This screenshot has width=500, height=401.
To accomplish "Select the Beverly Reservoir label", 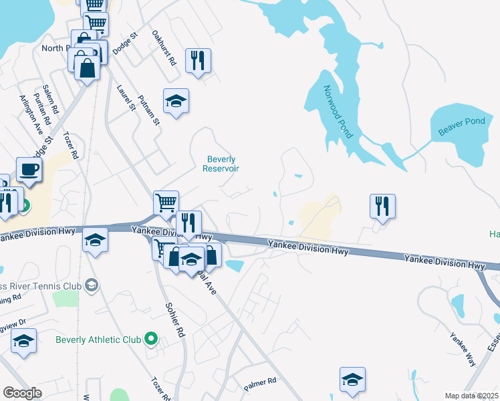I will (x=221, y=164).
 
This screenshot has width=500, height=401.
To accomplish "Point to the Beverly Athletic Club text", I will (x=98, y=340).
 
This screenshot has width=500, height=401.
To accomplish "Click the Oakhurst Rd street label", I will (x=163, y=47).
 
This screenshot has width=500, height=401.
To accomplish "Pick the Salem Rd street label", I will (x=50, y=99).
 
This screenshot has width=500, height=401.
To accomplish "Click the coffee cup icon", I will (x=29, y=169).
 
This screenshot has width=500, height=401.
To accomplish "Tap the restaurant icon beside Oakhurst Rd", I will (x=198, y=60).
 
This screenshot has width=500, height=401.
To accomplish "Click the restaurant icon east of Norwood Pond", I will (x=383, y=206).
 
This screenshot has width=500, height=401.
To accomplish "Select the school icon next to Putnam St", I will (x=176, y=101).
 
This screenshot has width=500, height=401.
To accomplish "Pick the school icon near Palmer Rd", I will (x=352, y=379).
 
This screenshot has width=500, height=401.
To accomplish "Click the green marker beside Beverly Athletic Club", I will (x=150, y=340).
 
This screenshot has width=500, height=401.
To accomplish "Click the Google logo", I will (x=23, y=393).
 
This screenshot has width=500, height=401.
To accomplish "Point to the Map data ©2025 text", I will (x=471, y=396).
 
